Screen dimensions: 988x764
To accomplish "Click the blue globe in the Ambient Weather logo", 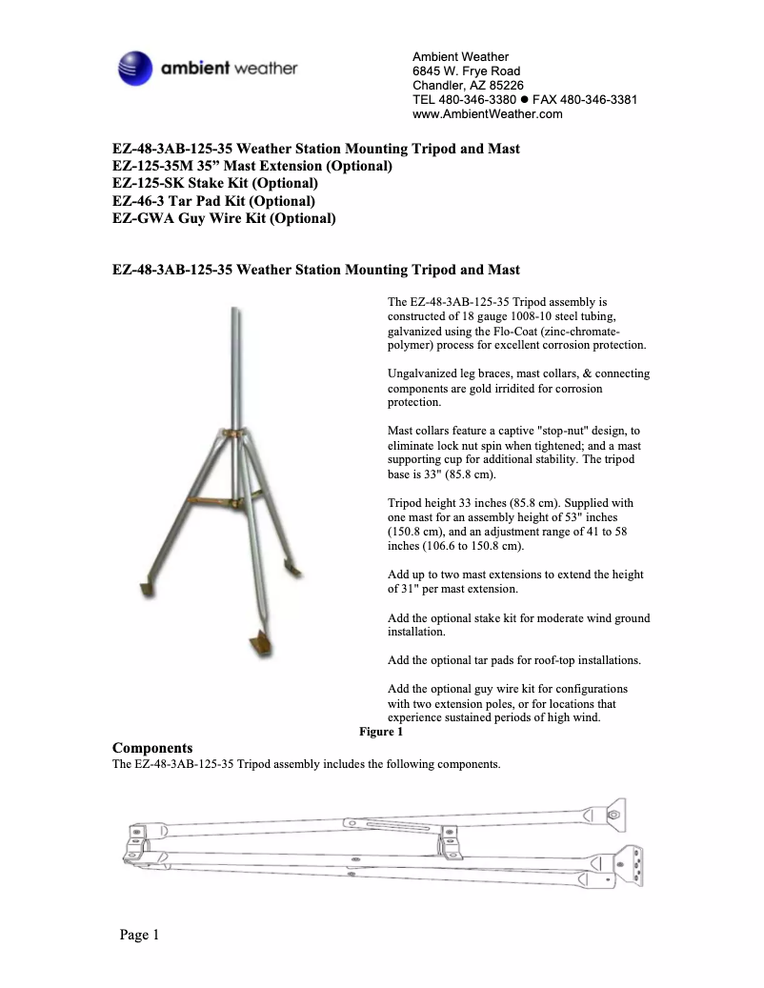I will point(133,69).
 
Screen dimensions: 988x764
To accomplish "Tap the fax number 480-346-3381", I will point(598,100).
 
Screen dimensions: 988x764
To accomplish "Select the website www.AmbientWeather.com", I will point(487,114).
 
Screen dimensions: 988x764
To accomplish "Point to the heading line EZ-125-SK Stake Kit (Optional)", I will point(215,183).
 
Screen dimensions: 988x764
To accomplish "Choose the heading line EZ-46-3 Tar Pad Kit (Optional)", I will point(213,201).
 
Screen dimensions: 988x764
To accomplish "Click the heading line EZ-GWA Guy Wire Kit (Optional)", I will point(224,218).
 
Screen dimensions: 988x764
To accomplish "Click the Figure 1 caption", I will point(380,732).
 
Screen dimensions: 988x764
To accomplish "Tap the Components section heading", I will point(152,748).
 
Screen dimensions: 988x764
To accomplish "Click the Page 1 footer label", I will point(139,935).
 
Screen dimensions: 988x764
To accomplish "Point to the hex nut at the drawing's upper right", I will point(613,816).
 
